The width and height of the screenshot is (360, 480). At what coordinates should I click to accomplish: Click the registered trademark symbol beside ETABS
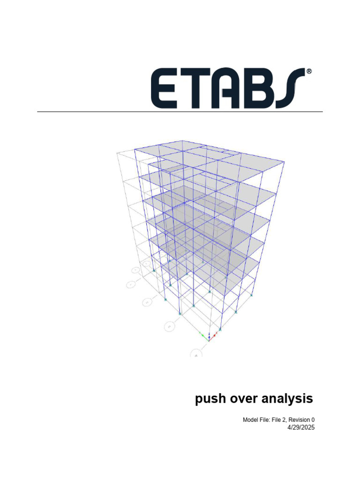click(x=309, y=72)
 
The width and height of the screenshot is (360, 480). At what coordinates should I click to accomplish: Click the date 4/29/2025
click(x=300, y=427)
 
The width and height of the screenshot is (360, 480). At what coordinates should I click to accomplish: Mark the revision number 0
click(x=312, y=420)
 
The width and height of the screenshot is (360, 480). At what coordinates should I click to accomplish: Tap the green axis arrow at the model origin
click(x=203, y=335)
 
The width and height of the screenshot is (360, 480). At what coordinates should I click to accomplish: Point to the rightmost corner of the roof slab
click(x=284, y=162)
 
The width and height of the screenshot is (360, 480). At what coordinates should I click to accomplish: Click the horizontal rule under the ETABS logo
click(x=180, y=112)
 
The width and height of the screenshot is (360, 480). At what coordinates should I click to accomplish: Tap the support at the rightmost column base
click(x=252, y=295)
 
